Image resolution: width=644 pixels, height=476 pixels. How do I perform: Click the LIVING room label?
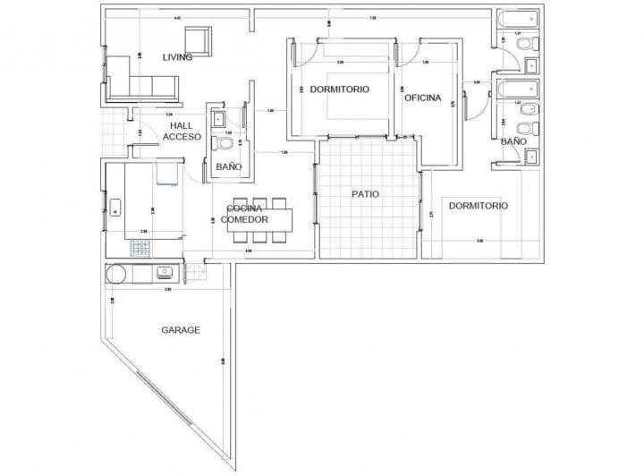[177, 57]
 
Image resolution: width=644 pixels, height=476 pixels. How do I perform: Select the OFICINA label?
[423, 98]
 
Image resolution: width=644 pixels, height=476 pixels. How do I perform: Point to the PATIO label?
[365, 193]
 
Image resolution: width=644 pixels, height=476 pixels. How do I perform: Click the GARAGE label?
[181, 329]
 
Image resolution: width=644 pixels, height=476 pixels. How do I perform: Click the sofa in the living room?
[143, 86]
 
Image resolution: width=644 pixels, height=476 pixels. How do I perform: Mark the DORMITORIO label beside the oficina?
[340, 89]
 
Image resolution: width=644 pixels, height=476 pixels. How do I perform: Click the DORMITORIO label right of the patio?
[479, 206]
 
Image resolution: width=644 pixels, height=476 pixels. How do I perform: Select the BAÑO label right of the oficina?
[513, 141]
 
